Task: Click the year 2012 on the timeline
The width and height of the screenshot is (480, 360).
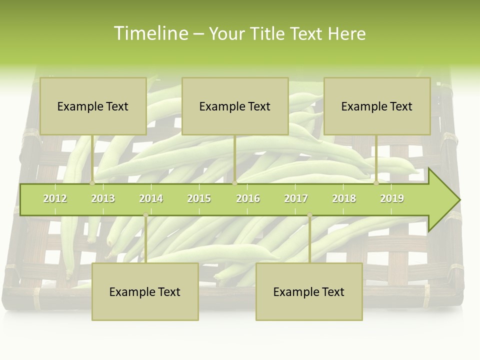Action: [55, 198]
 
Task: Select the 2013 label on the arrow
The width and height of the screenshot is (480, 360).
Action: [103, 198]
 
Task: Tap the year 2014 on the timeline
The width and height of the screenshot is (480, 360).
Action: [151, 198]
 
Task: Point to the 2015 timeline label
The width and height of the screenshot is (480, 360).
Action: [199, 198]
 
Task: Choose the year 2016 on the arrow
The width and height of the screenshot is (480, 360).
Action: [248, 198]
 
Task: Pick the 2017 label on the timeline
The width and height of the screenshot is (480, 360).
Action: [296, 198]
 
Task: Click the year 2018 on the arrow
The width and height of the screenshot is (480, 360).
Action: [344, 198]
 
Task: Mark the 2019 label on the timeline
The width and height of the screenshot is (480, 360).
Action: [392, 198]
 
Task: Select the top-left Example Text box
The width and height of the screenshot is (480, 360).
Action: [93, 106]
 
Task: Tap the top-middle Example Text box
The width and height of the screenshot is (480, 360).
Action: [235, 106]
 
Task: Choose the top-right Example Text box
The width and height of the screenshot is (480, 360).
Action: [377, 106]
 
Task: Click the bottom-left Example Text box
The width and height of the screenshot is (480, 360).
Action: [145, 292]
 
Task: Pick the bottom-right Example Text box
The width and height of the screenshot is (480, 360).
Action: [309, 292]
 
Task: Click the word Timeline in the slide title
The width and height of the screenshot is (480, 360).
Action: [150, 33]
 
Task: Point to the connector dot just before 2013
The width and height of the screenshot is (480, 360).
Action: [92, 183]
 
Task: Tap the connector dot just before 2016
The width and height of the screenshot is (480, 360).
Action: [234, 183]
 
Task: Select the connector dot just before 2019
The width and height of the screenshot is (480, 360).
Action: [376, 183]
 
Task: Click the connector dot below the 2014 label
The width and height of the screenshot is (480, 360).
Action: [145, 215]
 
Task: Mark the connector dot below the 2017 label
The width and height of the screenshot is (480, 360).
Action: [309, 215]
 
